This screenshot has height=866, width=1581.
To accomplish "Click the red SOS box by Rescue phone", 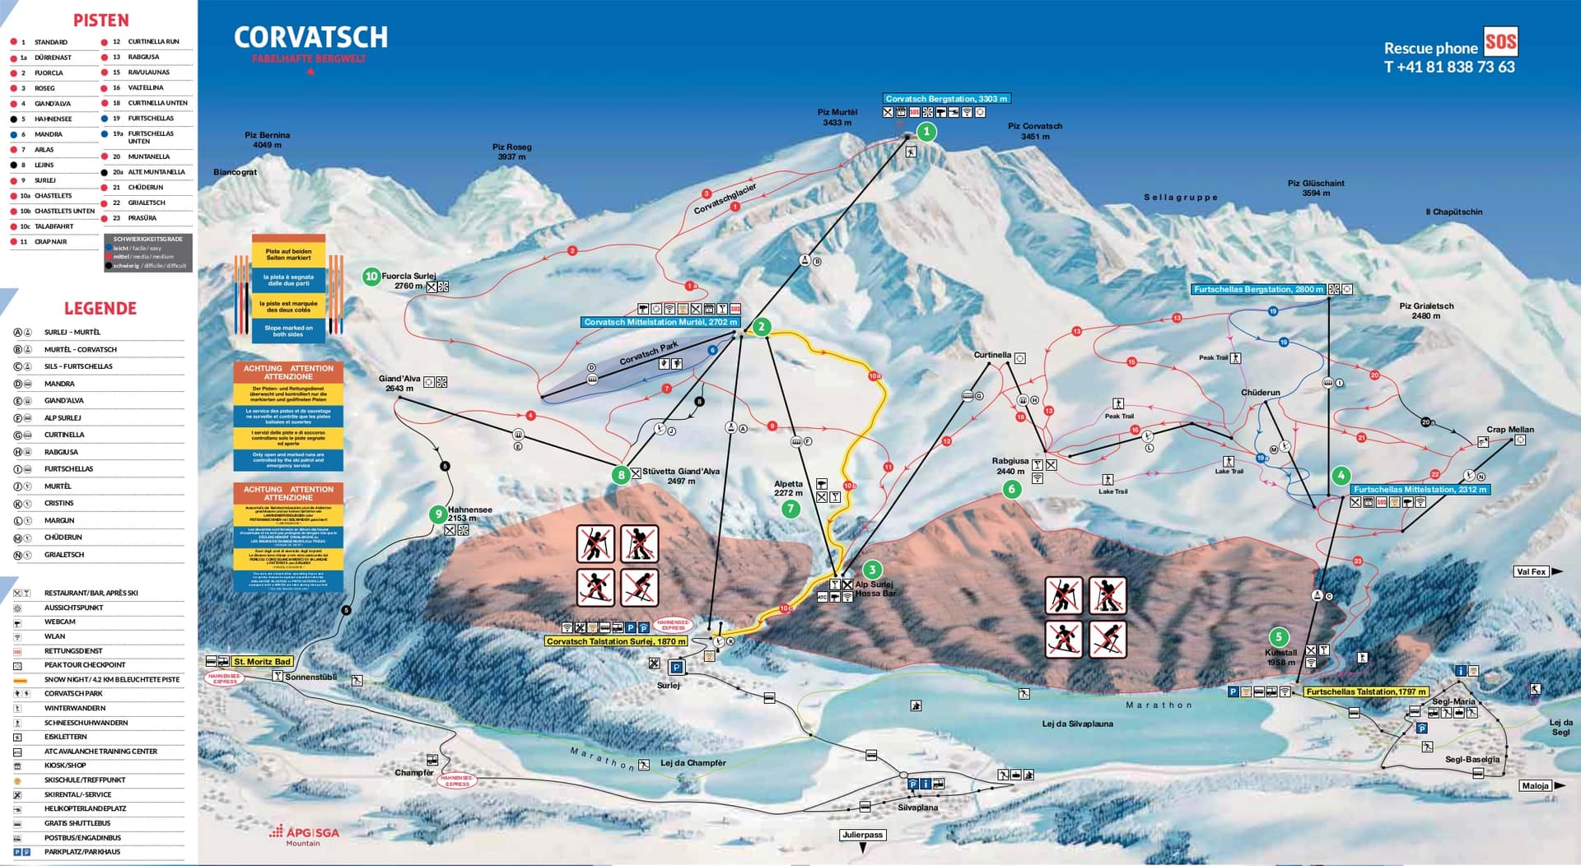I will tap(1500, 41).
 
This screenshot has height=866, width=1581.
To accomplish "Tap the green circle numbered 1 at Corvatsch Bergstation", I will tap(926, 132).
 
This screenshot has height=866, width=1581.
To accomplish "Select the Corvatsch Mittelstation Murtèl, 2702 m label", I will tap(660, 322).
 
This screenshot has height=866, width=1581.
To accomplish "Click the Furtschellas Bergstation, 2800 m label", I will tap(1258, 289).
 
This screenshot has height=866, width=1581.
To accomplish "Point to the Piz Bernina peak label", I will tap(267, 140).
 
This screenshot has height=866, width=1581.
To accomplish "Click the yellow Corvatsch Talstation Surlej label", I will tap(616, 641).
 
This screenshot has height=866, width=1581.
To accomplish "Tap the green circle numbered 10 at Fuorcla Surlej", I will tap(371, 277).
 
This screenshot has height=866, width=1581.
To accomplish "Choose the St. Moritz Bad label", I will tap(262, 661).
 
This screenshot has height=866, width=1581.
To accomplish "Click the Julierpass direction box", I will tap(862, 835).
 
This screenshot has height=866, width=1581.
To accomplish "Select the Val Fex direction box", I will tap(1531, 571).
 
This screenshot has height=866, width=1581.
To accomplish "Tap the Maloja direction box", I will tap(1535, 785).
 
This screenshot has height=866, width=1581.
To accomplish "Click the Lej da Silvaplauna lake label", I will tap(1077, 724).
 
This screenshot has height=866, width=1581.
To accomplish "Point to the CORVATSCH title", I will tap(310, 37).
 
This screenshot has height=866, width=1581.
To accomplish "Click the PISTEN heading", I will tap(100, 21).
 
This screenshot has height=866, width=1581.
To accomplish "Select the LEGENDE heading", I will tap(100, 309).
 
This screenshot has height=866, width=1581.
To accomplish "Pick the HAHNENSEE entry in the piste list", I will tap(53, 119).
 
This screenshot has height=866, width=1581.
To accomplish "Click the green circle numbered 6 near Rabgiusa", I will tap(1012, 489).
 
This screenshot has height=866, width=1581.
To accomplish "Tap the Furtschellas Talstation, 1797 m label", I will tap(1365, 691).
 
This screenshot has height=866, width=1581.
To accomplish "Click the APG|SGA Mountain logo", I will tap(304, 835).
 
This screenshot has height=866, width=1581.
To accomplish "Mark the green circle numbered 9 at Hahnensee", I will tap(438, 514).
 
